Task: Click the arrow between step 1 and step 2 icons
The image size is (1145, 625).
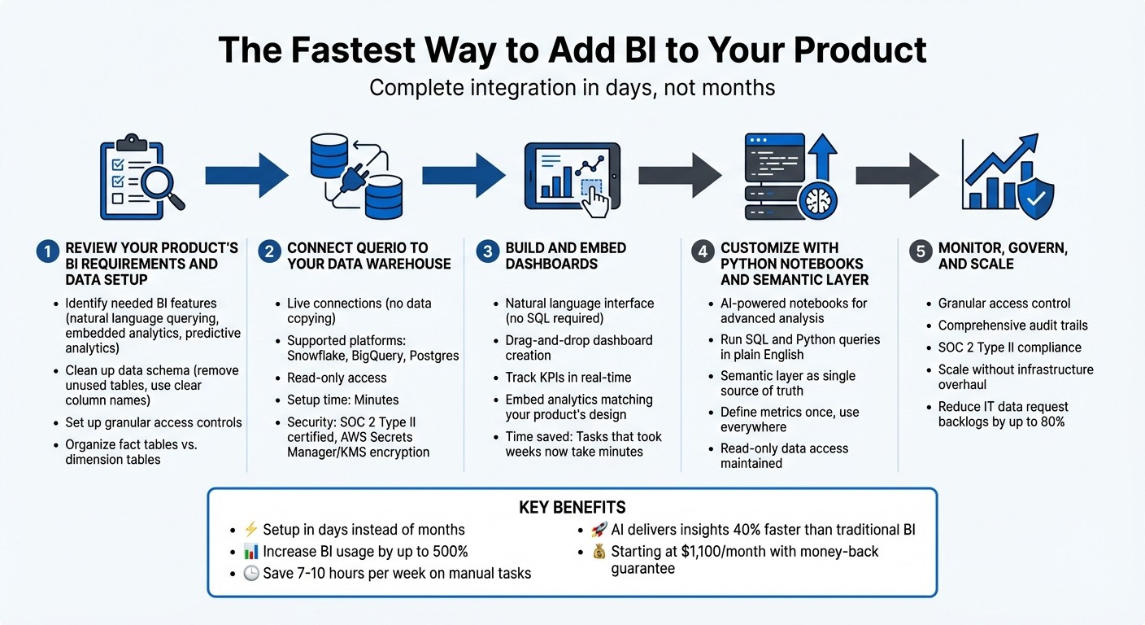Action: tap(246, 174)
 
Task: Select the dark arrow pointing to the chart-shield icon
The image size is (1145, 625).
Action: tap(897, 174)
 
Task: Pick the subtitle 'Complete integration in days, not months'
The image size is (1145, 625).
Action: tap(572, 87)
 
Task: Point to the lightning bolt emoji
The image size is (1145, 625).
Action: tap(250, 530)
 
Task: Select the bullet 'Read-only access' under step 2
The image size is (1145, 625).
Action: tap(337, 378)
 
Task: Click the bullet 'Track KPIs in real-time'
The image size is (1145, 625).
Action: tap(568, 378)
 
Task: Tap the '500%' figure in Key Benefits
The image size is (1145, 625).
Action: tap(448, 552)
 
